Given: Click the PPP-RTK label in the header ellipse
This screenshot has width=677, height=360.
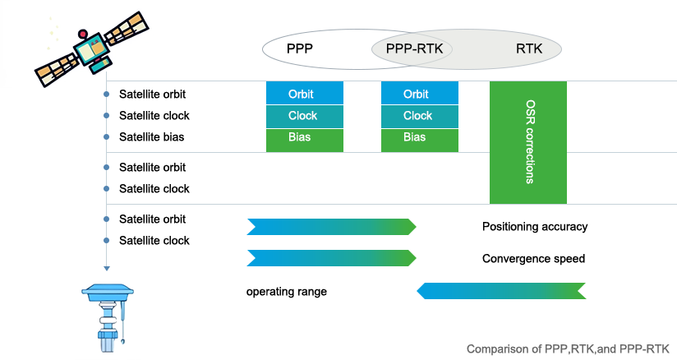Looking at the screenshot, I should (x=414, y=49).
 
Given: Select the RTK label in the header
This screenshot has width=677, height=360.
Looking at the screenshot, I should (x=529, y=49).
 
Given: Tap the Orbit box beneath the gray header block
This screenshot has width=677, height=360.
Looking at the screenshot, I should (x=301, y=95).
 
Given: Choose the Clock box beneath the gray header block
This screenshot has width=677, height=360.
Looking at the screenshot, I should (x=302, y=116).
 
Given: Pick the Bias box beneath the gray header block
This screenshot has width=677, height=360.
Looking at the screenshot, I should (x=300, y=137).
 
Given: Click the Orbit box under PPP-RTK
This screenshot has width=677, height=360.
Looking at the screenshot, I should (x=416, y=95).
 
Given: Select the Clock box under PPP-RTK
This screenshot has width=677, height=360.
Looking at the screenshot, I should (x=417, y=116).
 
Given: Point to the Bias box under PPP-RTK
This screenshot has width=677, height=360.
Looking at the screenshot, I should (x=415, y=137).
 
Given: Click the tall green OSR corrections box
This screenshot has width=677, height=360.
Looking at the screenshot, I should (x=527, y=142).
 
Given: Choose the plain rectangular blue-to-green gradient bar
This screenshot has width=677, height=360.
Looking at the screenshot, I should (x=330, y=226).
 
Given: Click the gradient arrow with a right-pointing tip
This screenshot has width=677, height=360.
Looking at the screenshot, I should (x=332, y=258).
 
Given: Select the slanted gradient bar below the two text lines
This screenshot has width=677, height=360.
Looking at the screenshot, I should (x=501, y=290).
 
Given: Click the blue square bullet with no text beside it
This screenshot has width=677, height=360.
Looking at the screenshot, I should (x=106, y=268).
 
